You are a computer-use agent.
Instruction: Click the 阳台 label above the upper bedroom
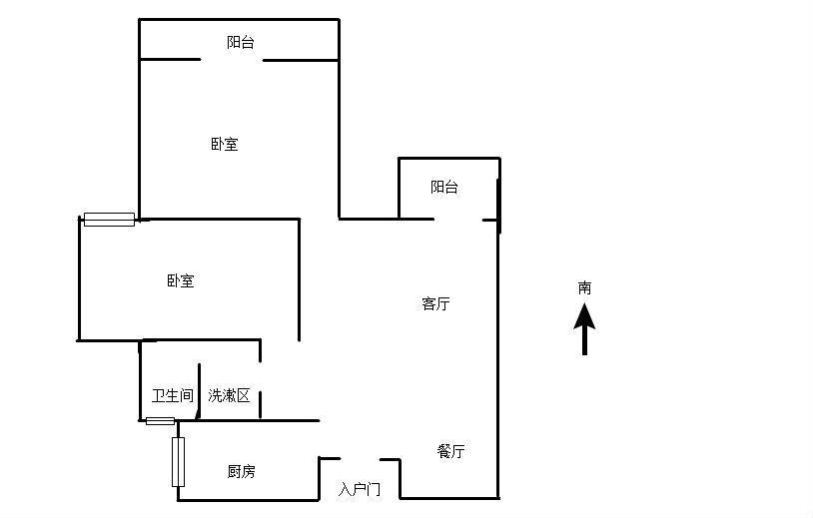coord(240,42)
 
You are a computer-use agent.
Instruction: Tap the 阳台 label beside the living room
coord(444,187)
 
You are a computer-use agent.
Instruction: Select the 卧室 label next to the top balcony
coord(224,144)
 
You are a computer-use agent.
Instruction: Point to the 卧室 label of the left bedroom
coord(181,281)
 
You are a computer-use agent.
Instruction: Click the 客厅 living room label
coord(435,303)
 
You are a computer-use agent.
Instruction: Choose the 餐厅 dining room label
coord(450,451)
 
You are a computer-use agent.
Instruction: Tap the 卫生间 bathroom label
coord(172,395)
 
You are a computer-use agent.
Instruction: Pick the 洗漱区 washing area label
coord(229,395)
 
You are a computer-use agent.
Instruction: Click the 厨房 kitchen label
coord(241,471)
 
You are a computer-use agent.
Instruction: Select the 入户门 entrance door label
coord(360,489)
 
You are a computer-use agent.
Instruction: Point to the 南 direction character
coord(584,287)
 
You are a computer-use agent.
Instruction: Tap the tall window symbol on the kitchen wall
coord(178,462)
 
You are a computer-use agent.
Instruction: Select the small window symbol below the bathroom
coord(160,421)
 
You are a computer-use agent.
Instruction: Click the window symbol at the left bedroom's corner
coord(109,220)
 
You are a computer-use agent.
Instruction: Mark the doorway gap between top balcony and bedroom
coord(232,60)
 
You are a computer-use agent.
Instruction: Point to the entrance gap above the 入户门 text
coord(360,459)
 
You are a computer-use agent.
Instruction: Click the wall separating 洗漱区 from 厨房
coord(258,420)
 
